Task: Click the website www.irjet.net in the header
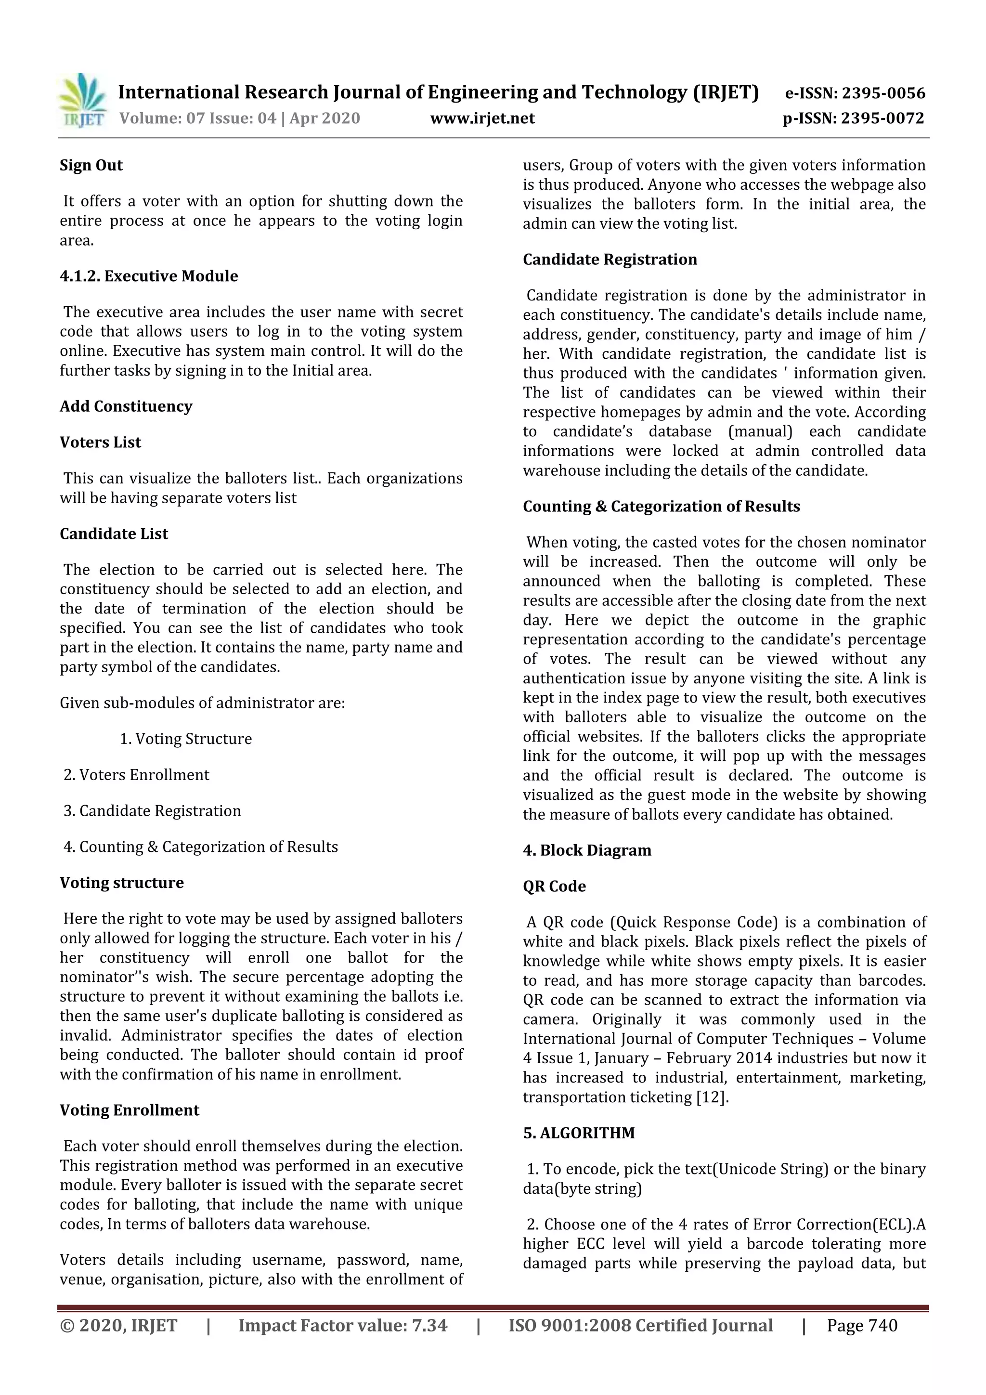(482, 118)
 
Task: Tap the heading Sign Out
(91, 165)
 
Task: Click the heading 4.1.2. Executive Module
(149, 276)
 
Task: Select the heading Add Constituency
(126, 406)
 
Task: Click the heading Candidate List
(114, 534)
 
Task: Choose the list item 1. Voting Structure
(185, 738)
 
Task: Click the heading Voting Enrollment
(130, 1110)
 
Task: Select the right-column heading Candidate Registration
(610, 260)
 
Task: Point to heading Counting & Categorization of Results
(661, 506)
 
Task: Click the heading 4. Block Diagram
(587, 850)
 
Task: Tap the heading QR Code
(554, 886)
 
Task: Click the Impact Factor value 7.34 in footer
(429, 1325)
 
